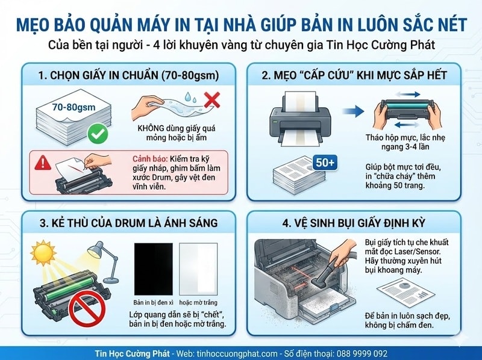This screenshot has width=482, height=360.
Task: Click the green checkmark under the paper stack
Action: point(96,134)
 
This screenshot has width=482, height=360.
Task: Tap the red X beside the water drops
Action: point(211,101)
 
